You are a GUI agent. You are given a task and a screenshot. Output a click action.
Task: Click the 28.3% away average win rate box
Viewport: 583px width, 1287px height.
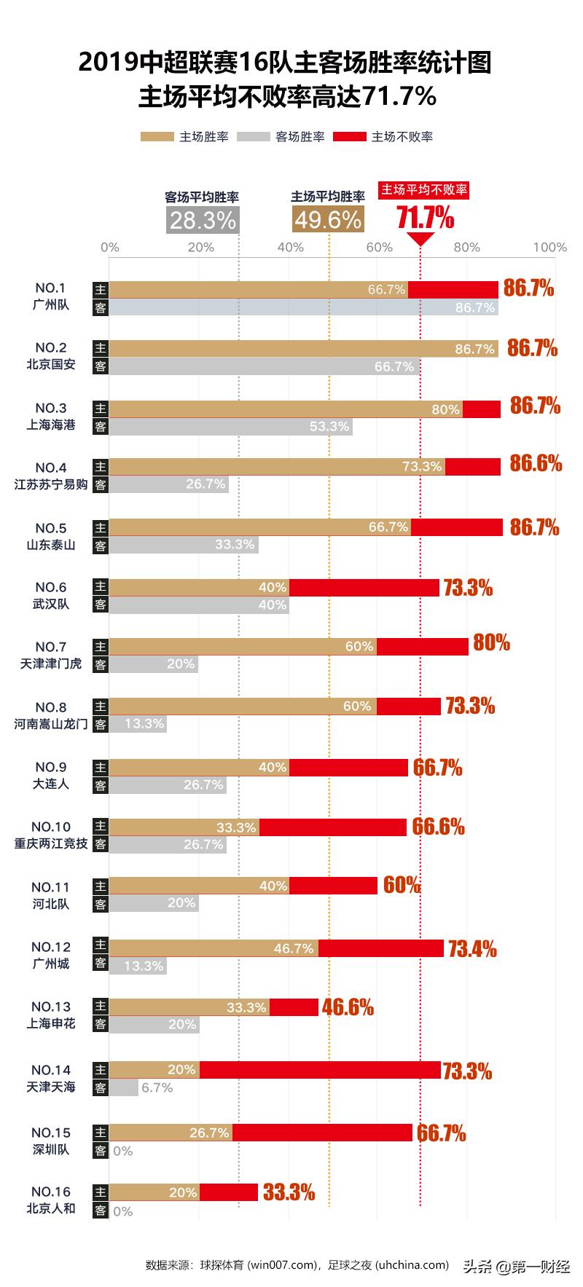point(203,219)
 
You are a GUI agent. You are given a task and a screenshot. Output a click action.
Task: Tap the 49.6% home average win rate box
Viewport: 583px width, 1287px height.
point(327,219)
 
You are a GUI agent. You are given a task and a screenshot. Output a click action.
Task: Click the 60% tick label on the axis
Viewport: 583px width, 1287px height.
point(379,248)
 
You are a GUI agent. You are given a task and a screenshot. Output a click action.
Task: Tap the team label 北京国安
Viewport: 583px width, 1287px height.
point(51,365)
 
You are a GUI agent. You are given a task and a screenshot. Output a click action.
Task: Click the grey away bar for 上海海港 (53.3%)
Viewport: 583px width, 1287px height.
point(230,427)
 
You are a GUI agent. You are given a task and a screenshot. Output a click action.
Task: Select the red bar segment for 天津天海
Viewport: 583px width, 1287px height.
point(320,1070)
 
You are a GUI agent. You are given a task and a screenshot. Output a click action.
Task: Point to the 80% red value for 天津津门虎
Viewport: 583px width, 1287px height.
point(491,643)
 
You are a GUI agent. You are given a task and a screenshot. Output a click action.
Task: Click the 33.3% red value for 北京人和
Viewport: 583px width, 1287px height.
point(289,1193)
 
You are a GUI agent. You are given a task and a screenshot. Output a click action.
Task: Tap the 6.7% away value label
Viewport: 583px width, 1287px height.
point(157,1088)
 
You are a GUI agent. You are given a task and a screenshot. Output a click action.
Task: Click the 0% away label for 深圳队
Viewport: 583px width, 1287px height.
point(123,1152)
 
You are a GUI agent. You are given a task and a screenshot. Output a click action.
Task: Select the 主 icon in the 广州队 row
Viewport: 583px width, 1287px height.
point(101,289)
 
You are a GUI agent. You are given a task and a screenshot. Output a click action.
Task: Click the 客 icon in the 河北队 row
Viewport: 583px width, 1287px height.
point(101,904)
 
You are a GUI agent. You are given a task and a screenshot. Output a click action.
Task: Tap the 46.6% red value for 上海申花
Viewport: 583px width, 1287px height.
point(348,1008)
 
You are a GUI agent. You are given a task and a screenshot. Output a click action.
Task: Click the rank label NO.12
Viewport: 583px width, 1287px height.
point(51,947)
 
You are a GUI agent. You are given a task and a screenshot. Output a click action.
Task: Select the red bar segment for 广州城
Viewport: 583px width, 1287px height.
point(380,948)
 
